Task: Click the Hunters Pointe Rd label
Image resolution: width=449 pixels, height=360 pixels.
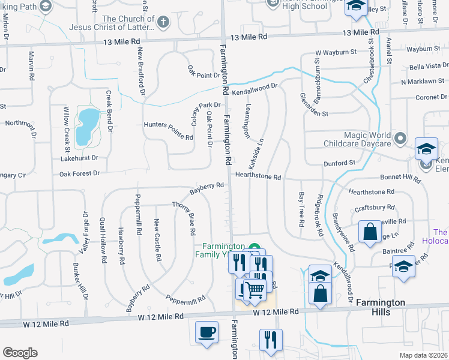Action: point(168,137)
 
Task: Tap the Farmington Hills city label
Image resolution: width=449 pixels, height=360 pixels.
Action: point(381,307)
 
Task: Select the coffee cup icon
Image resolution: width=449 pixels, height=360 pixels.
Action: point(207,332)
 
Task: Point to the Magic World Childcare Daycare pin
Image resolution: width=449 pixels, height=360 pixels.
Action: point(402,136)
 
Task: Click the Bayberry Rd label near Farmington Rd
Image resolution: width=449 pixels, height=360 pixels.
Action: point(206,188)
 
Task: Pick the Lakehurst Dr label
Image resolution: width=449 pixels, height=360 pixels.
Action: point(79,158)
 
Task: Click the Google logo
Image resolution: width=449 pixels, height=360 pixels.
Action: point(20,353)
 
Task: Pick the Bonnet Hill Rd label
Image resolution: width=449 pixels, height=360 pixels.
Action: point(400,178)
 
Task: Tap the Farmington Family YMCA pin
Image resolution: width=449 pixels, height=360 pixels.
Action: point(254,247)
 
